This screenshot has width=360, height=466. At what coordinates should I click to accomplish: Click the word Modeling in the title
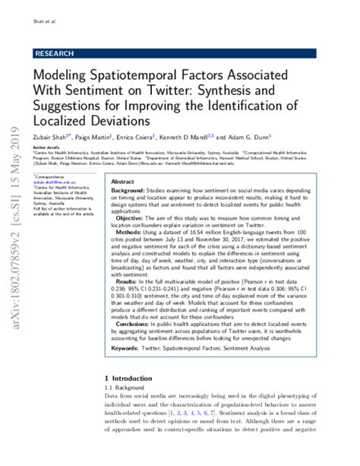pos(58,77)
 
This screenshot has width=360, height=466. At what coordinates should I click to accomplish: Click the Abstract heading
pos(122,182)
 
